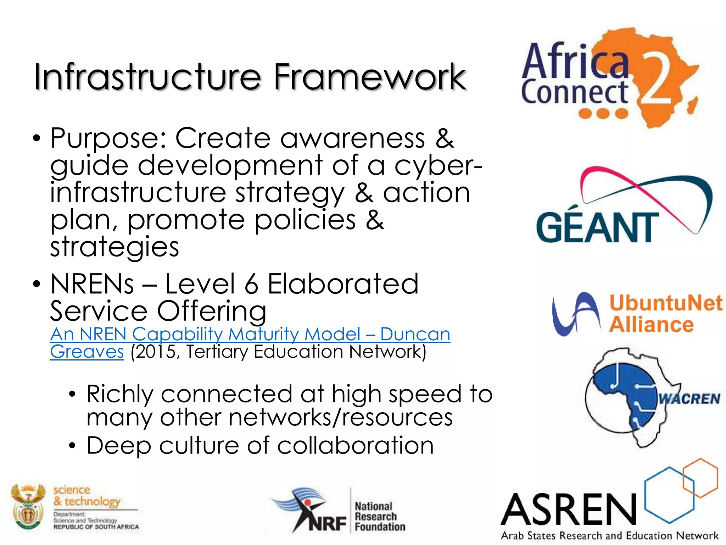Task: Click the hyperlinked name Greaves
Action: click(87, 352)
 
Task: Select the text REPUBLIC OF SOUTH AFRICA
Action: click(96, 527)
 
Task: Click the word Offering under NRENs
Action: click(211, 311)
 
